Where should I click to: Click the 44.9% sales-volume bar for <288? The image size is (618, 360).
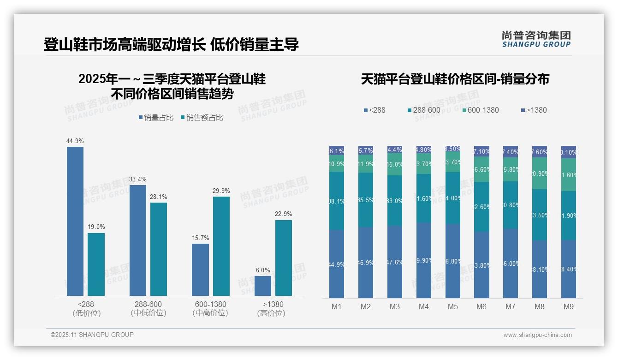[75, 221]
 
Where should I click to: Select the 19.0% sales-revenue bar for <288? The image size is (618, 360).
[96, 264]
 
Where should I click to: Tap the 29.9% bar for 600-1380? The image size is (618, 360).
[221, 246]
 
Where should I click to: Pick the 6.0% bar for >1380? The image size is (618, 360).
[263, 286]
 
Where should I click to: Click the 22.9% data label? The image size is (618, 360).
[284, 214]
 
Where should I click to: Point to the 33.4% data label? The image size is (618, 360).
[138, 179]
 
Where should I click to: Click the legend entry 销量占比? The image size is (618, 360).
[156, 118]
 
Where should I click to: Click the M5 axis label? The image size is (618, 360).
[452, 307]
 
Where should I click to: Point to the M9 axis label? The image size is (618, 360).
[569, 307]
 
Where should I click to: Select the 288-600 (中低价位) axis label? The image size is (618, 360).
[148, 309]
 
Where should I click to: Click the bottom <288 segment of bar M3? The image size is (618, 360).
[395, 262]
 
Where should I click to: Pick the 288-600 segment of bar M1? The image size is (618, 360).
[337, 201]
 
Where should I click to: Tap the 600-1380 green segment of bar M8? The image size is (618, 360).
[540, 174]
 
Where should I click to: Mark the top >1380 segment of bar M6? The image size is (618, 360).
[481, 151]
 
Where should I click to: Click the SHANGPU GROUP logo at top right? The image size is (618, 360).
[536, 39]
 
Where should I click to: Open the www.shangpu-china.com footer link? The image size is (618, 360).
[537, 335]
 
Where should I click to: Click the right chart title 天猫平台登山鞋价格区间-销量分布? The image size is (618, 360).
[455, 79]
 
